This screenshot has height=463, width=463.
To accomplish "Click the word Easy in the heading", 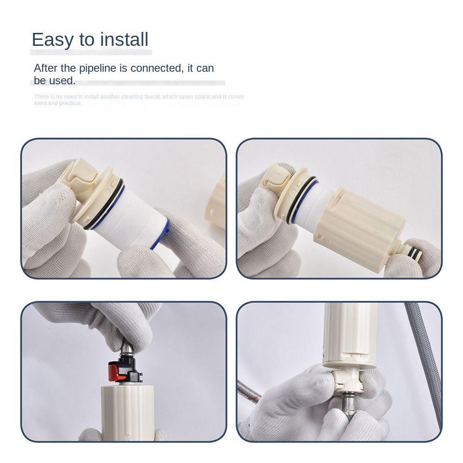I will (52, 40).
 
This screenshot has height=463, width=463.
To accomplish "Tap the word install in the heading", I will (123, 40).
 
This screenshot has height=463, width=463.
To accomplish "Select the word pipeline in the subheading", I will (97, 69).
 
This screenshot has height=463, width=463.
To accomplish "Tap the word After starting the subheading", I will (46, 69).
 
